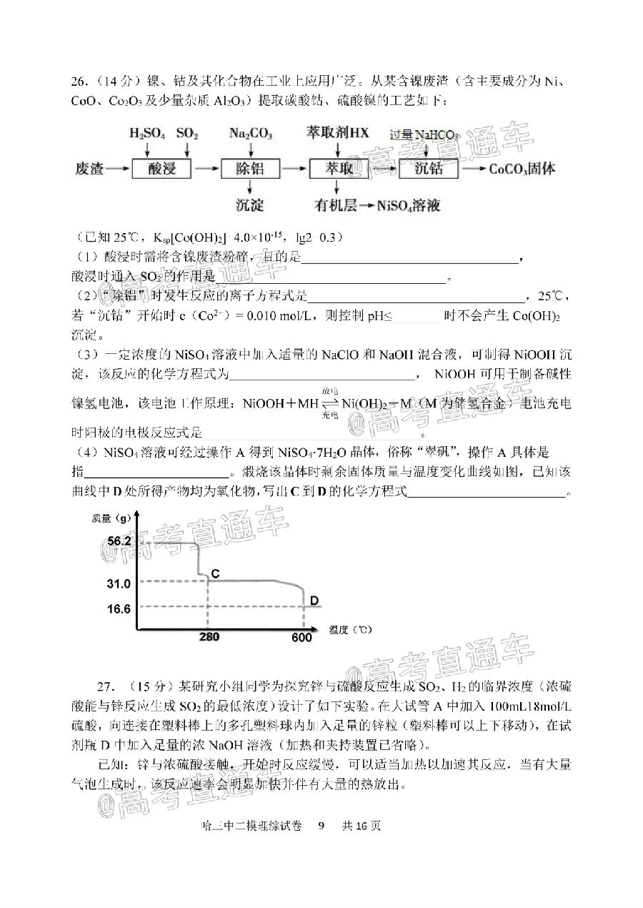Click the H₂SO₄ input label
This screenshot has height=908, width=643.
[x=147, y=134]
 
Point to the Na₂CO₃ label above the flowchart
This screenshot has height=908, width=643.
[x=249, y=134]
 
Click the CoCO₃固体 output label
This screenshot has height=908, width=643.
[x=522, y=169]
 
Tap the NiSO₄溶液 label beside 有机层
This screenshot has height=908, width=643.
[x=404, y=206]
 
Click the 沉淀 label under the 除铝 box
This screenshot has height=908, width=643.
[x=249, y=206]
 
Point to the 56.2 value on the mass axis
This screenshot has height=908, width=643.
[x=119, y=541]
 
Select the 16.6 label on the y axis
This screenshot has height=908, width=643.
[x=119, y=609]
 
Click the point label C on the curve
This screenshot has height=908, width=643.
[x=215, y=574]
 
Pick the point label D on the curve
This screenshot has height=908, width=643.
[x=314, y=601]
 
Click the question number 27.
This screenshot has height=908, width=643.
[x=106, y=686]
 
